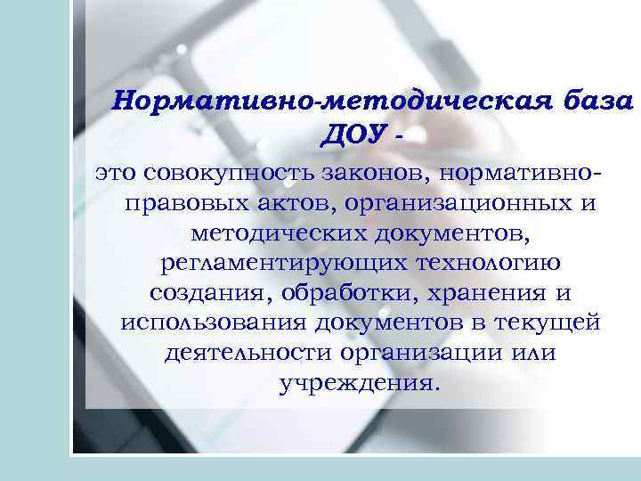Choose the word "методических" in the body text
259,233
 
